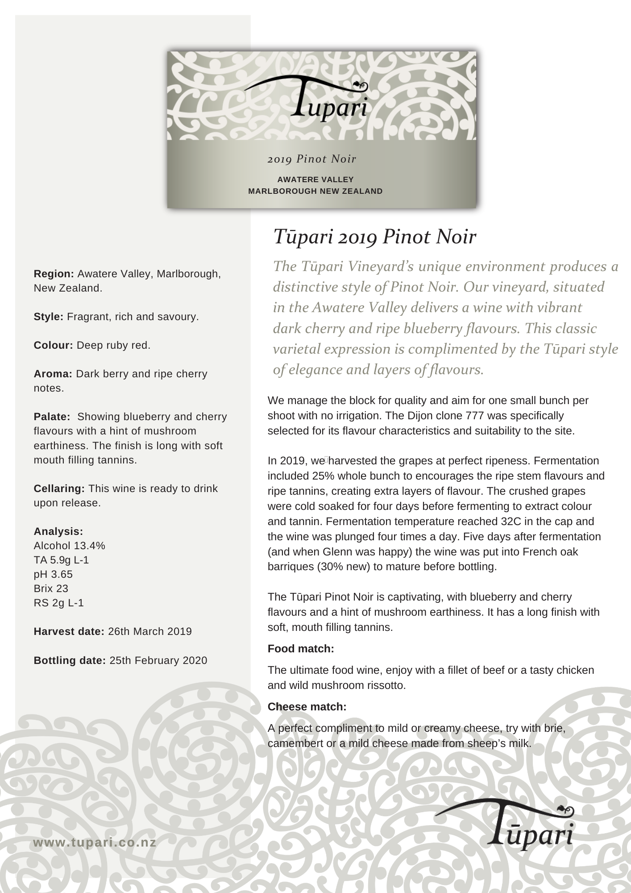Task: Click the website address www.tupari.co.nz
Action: (95, 843)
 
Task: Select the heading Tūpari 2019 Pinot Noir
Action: (374, 237)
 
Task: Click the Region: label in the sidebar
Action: (54, 274)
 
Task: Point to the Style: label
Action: (49, 317)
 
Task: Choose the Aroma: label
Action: (53, 374)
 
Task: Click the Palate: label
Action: (52, 417)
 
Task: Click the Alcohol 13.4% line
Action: (70, 546)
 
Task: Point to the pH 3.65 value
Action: (53, 574)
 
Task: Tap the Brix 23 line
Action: (51, 588)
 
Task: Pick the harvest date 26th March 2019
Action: (150, 631)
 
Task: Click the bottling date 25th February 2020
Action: (158, 660)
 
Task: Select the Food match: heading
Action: (301, 649)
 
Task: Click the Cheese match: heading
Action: (307, 707)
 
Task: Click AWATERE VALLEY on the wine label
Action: (315, 179)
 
